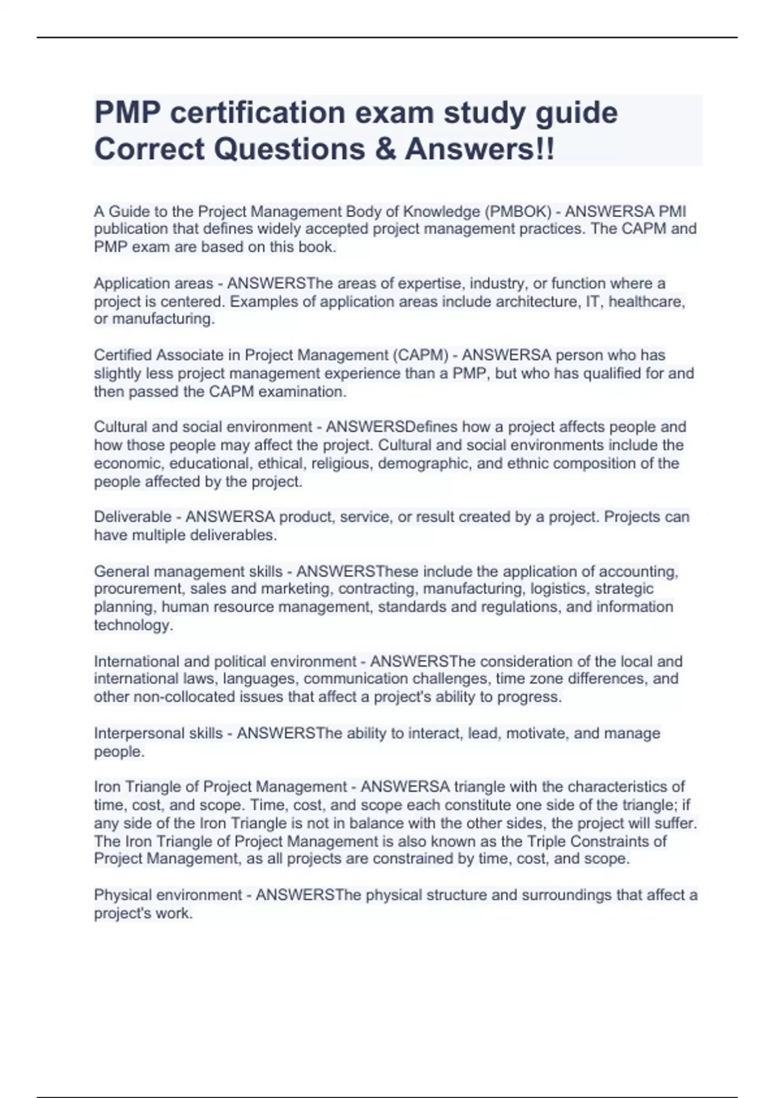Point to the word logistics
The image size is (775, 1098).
(x=558, y=589)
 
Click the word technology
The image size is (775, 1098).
(x=133, y=625)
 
